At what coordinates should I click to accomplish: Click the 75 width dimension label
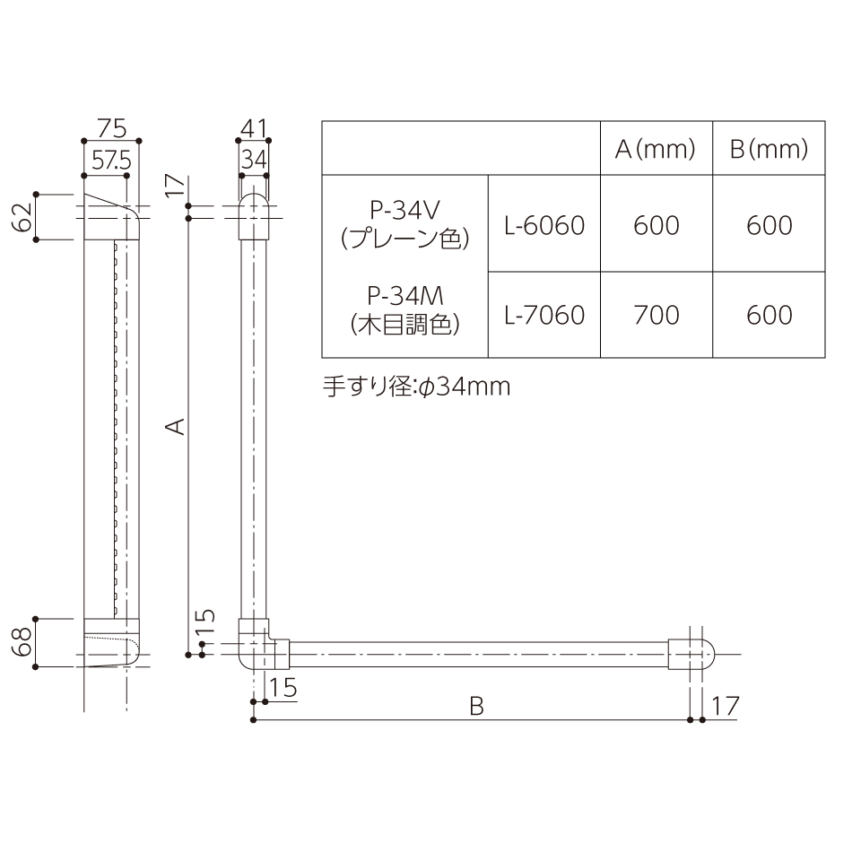[112, 128]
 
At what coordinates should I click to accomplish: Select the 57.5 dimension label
[111, 161]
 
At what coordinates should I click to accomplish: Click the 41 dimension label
[254, 129]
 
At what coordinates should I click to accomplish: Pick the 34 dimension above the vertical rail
[254, 161]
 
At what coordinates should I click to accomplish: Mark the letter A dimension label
[176, 426]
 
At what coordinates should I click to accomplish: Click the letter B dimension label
[476, 706]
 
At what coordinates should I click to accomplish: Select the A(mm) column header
[656, 149]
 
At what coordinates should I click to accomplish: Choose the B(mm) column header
[769, 149]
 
